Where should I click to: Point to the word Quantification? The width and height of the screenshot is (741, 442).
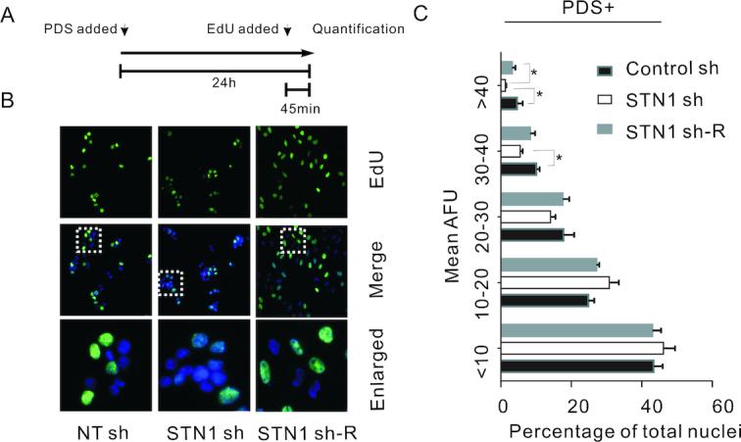[x=358, y=29]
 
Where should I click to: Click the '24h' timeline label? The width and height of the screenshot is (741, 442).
[x=213, y=84]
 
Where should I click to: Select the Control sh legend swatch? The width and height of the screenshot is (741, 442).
[x=605, y=71]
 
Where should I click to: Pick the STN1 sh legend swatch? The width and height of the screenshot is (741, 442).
[x=605, y=99]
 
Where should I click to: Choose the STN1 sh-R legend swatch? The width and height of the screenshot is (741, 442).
[x=605, y=127]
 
